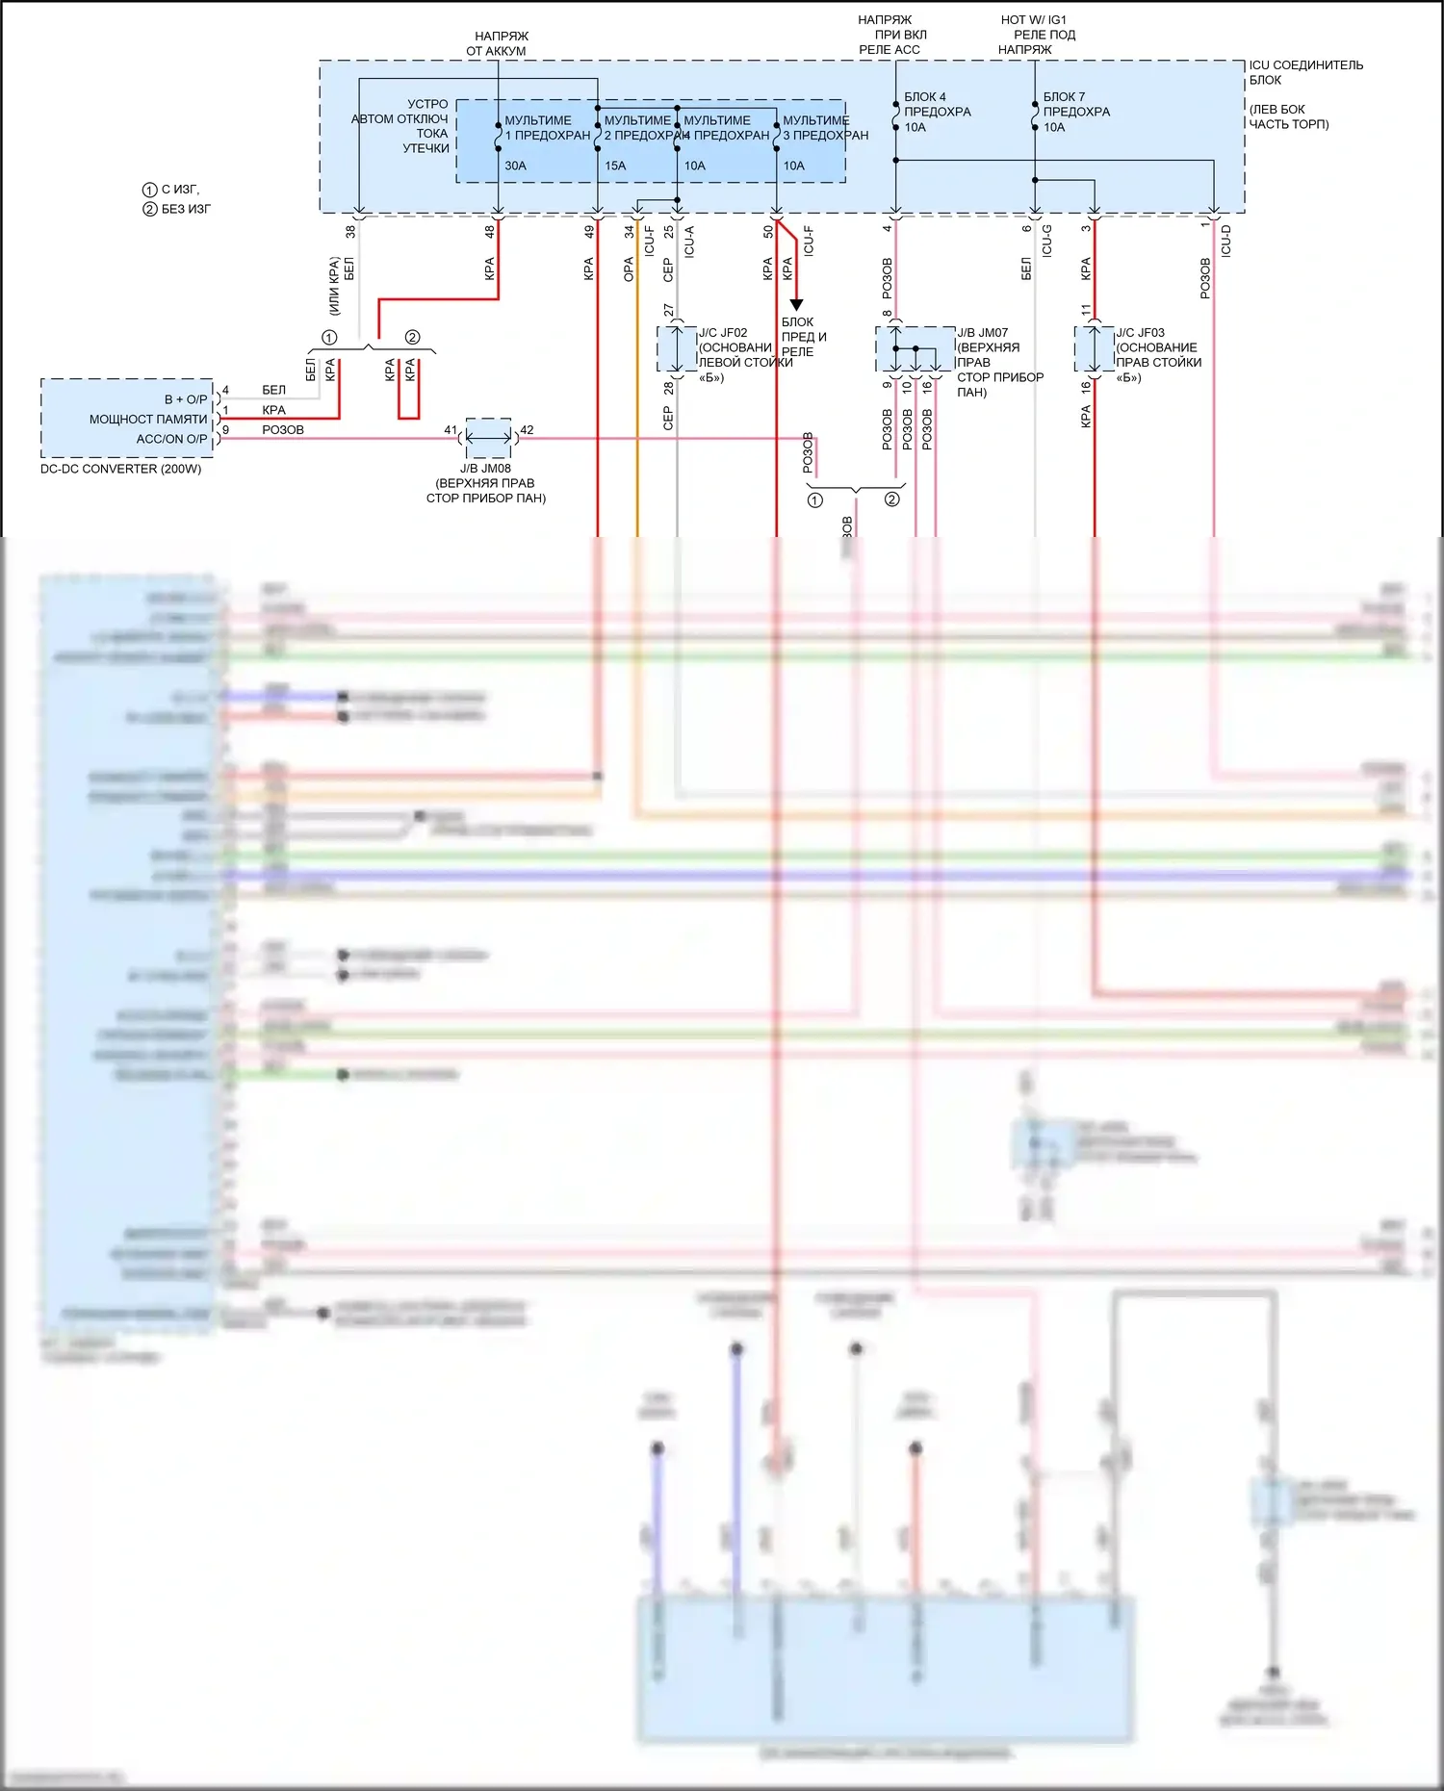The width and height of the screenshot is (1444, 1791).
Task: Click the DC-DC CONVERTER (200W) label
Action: click(x=120, y=470)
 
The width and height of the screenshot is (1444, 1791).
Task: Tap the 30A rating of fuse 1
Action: click(x=515, y=166)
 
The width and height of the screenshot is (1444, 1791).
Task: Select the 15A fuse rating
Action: click(x=615, y=166)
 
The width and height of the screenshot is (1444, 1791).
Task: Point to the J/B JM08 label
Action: click(x=485, y=469)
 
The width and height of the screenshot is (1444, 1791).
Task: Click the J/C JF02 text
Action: click(x=723, y=333)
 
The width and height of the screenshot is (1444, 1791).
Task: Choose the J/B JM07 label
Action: click(x=982, y=333)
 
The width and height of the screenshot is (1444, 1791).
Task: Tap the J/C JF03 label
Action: click(x=1140, y=333)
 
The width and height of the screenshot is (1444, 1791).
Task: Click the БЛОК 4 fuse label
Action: click(x=924, y=97)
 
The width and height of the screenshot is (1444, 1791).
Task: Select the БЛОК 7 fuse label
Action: click(x=1064, y=97)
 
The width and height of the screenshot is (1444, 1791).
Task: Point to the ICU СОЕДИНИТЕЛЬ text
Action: click(x=1305, y=65)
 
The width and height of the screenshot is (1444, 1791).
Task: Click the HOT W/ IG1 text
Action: click(x=1033, y=20)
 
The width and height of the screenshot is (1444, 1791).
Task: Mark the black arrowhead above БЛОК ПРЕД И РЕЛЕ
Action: click(x=796, y=305)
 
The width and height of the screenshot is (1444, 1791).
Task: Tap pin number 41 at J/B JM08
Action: click(x=451, y=430)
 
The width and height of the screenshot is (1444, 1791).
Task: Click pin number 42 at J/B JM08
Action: click(x=527, y=430)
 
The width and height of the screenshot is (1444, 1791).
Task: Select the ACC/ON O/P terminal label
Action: click(x=171, y=439)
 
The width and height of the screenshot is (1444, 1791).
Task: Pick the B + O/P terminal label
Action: click(x=185, y=399)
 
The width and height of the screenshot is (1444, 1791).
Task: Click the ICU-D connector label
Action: click(x=1225, y=241)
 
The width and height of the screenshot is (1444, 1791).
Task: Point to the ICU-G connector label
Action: click(x=1046, y=241)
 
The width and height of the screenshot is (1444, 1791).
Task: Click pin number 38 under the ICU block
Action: click(x=350, y=232)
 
